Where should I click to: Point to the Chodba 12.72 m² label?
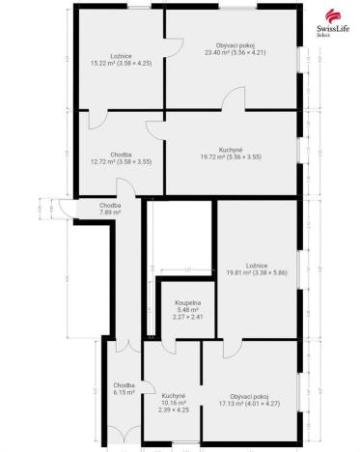click(120, 158)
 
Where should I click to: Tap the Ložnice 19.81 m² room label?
click(256, 269)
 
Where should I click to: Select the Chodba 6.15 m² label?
click(124, 389)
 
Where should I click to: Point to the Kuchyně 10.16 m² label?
click(174, 400)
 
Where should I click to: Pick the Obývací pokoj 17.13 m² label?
click(248, 399)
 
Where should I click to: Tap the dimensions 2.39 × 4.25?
click(174, 410)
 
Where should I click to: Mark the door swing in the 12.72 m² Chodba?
click(97, 120)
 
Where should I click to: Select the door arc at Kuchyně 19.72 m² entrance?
click(156, 129)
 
